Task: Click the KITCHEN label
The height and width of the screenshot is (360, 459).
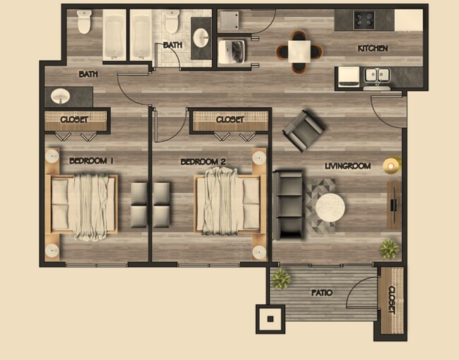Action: click(x=373, y=49)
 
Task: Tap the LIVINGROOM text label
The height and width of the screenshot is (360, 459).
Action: click(x=347, y=166)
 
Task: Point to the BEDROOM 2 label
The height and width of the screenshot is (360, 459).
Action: click(x=203, y=162)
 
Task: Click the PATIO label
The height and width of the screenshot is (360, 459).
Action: click(x=321, y=292)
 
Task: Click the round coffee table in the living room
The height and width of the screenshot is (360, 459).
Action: click(x=330, y=208)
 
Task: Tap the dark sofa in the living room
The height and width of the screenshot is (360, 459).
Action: click(x=288, y=203)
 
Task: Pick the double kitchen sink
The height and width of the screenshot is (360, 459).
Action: click(x=376, y=74)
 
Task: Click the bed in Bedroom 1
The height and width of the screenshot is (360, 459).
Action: click(x=83, y=204)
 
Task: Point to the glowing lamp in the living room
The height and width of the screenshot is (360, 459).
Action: click(x=391, y=166)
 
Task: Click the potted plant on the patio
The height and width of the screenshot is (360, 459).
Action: click(x=280, y=278)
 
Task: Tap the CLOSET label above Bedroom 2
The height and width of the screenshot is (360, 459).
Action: click(x=229, y=120)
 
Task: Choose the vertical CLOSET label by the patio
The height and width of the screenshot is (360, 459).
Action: click(x=391, y=299)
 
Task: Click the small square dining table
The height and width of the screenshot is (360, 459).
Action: click(x=299, y=49)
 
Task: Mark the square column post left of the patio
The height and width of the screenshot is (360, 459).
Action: click(x=270, y=319)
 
